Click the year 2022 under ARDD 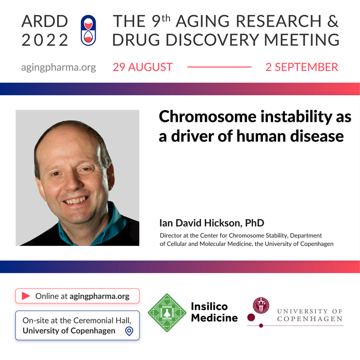click(x=45, y=39)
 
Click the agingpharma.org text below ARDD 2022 click(x=59, y=67)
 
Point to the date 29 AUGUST click(x=143, y=67)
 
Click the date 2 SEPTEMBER click(x=302, y=67)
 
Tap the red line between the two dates click(x=219, y=67)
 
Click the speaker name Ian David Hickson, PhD click(x=212, y=223)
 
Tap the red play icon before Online click(x=25, y=296)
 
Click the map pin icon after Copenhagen click(x=129, y=331)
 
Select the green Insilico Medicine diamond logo click(x=167, y=313)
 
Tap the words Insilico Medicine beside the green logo click(x=214, y=312)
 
